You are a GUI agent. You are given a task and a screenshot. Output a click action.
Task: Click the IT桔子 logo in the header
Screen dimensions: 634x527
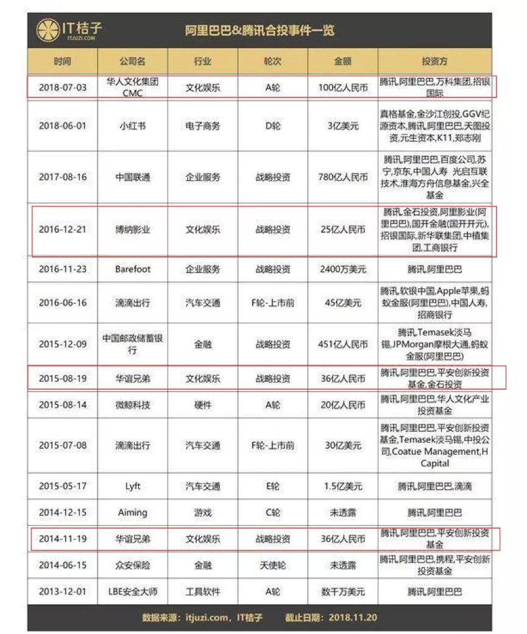tap(68, 29)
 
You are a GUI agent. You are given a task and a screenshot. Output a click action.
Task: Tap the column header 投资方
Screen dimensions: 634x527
tap(434, 62)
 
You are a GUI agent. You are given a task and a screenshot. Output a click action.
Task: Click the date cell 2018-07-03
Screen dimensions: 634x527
tap(62, 87)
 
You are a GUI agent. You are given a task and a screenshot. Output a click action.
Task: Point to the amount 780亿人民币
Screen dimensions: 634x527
tap(343, 177)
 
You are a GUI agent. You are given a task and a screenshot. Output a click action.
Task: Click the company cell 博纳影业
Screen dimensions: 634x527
tap(132, 230)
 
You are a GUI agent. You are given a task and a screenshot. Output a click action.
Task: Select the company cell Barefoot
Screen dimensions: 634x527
tap(132, 269)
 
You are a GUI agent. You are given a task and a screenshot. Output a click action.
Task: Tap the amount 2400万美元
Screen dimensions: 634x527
tap(343, 269)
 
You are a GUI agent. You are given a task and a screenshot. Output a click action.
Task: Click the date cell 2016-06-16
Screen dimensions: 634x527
tap(62, 303)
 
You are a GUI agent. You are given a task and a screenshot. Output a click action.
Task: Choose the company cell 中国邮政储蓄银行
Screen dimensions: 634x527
tap(132, 343)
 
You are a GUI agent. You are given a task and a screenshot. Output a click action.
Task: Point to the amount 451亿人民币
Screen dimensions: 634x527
tap(343, 343)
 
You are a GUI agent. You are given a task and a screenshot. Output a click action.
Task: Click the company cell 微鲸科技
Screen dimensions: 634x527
tap(132, 404)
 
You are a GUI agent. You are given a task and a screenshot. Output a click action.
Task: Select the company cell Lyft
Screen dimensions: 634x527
tap(132, 487)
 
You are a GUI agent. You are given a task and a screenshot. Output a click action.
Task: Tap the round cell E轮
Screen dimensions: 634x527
tap(273, 487)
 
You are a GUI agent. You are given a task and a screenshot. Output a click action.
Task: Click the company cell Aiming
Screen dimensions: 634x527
tap(132, 513)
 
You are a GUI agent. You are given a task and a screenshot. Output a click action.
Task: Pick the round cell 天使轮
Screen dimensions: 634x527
tap(273, 565)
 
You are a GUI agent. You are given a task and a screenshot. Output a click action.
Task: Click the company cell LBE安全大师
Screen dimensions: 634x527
tap(132, 591)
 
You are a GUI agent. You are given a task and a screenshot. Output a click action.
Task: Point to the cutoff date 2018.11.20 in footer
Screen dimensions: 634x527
tap(353, 618)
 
